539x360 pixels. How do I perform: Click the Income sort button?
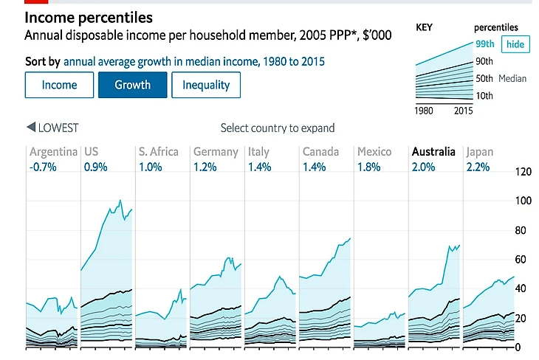pos(59,85)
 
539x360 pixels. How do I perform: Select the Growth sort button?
pos(132,85)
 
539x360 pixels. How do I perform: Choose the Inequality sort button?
pos(206,85)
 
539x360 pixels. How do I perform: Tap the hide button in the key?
pos(515,44)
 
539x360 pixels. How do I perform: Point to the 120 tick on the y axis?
pos(523,173)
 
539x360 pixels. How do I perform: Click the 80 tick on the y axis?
pos(523,230)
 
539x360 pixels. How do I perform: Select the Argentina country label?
pos(53,152)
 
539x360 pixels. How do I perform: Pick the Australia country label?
pos(433,152)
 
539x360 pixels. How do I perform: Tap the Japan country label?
pos(479,152)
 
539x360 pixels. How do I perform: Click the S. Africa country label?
pos(158,152)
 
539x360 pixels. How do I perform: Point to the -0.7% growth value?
pos(44,167)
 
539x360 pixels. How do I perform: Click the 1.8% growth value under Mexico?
pos(368,167)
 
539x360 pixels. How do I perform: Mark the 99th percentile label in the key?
pos(484,44)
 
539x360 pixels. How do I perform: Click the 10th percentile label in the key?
pos(484,96)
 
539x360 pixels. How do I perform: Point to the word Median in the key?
pos(512,78)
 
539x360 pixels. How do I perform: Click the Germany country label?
pos(216,152)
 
